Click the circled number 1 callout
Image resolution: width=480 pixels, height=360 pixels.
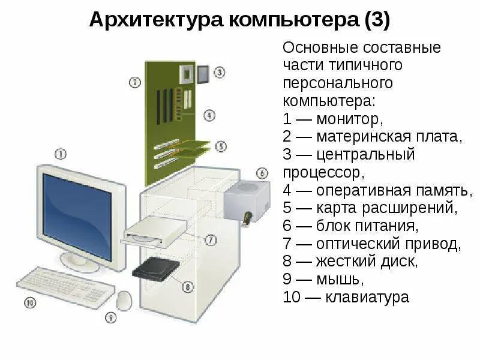(61, 154)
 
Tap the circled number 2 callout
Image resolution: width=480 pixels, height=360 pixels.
(135, 82)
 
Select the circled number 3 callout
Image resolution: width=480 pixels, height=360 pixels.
(220, 73)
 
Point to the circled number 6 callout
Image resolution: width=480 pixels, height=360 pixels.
(262, 173)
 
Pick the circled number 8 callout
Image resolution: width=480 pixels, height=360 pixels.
(188, 287)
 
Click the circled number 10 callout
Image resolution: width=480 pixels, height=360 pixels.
(30, 303)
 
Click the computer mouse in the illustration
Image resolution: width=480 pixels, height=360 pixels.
(124, 299)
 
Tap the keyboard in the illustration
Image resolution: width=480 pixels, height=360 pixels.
(65, 285)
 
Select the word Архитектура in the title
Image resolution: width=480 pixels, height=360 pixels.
(157, 20)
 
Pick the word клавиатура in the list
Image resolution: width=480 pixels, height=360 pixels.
(367, 297)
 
